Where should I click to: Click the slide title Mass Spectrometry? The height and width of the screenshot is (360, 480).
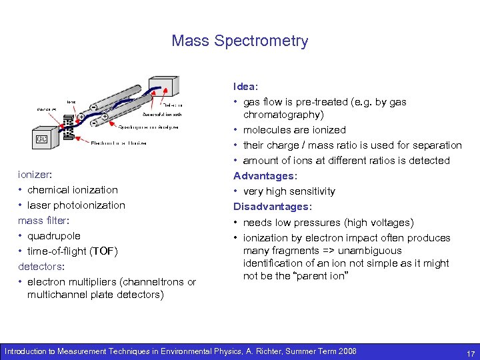pyautogui.click(x=240, y=41)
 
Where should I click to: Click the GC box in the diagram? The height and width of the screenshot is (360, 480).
pyautogui.click(x=41, y=139)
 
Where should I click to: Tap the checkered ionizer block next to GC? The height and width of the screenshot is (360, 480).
pyautogui.click(x=67, y=126)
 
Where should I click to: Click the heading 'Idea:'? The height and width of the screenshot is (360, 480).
pyautogui.click(x=245, y=87)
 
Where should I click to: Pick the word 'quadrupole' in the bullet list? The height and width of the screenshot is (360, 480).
pyautogui.click(x=54, y=236)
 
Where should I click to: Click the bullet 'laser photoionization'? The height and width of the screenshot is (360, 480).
pyautogui.click(x=76, y=205)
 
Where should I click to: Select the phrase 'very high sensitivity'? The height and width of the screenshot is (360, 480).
pyautogui.click(x=289, y=191)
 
